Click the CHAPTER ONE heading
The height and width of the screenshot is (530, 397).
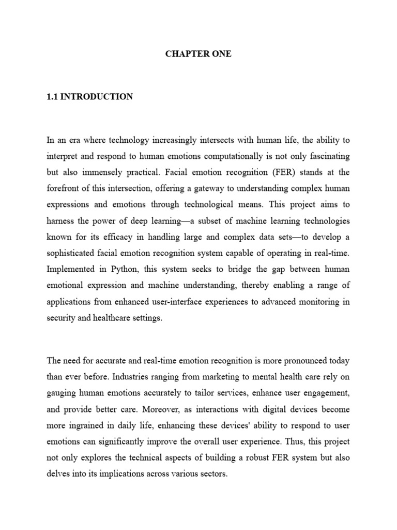[198, 54]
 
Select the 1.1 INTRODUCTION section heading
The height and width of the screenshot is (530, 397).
[89, 97]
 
